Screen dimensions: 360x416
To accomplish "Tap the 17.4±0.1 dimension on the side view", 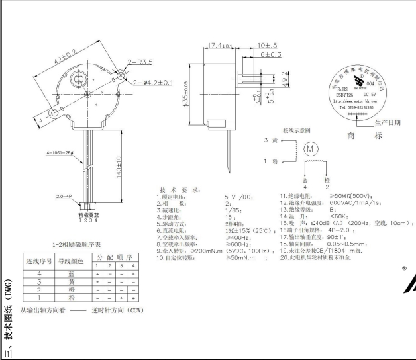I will pos(220,46).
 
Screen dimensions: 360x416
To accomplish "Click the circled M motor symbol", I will pos(310,149).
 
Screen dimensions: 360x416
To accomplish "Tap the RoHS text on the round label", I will pos(342,87).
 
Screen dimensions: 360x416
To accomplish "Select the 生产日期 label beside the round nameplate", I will pos(388,122).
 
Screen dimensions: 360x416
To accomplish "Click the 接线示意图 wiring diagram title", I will pos(296,131).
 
